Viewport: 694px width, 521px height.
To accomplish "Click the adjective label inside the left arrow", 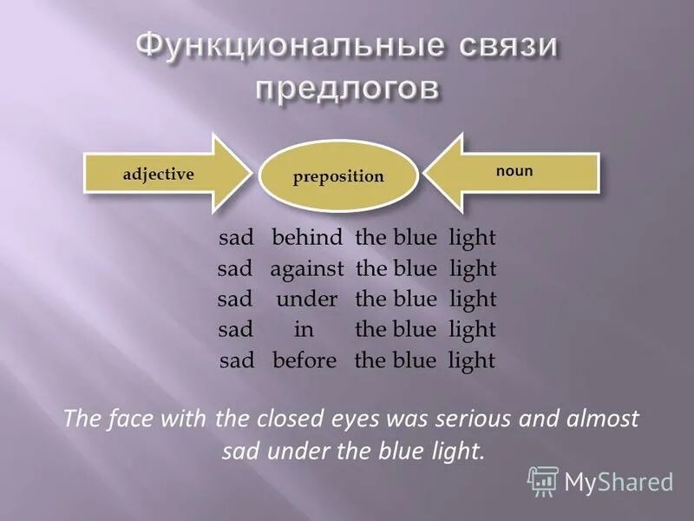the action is tap(158, 174).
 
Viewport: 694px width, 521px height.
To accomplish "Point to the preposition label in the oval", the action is tap(338, 176).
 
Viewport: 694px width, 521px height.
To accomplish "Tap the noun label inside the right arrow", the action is tap(514, 171).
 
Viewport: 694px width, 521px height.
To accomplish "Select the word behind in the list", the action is tap(308, 238).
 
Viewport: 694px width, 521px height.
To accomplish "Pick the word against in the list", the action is tap(307, 268).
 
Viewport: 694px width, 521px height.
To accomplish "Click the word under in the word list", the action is tap(307, 300).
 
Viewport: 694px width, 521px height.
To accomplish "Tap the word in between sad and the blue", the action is tap(304, 330).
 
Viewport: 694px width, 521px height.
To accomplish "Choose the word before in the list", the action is tap(304, 360).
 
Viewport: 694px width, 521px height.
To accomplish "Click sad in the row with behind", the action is tap(235, 238).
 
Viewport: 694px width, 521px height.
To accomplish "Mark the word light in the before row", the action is tap(471, 360).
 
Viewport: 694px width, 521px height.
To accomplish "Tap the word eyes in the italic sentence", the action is tap(379, 419).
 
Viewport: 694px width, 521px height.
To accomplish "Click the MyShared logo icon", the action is tap(543, 480).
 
